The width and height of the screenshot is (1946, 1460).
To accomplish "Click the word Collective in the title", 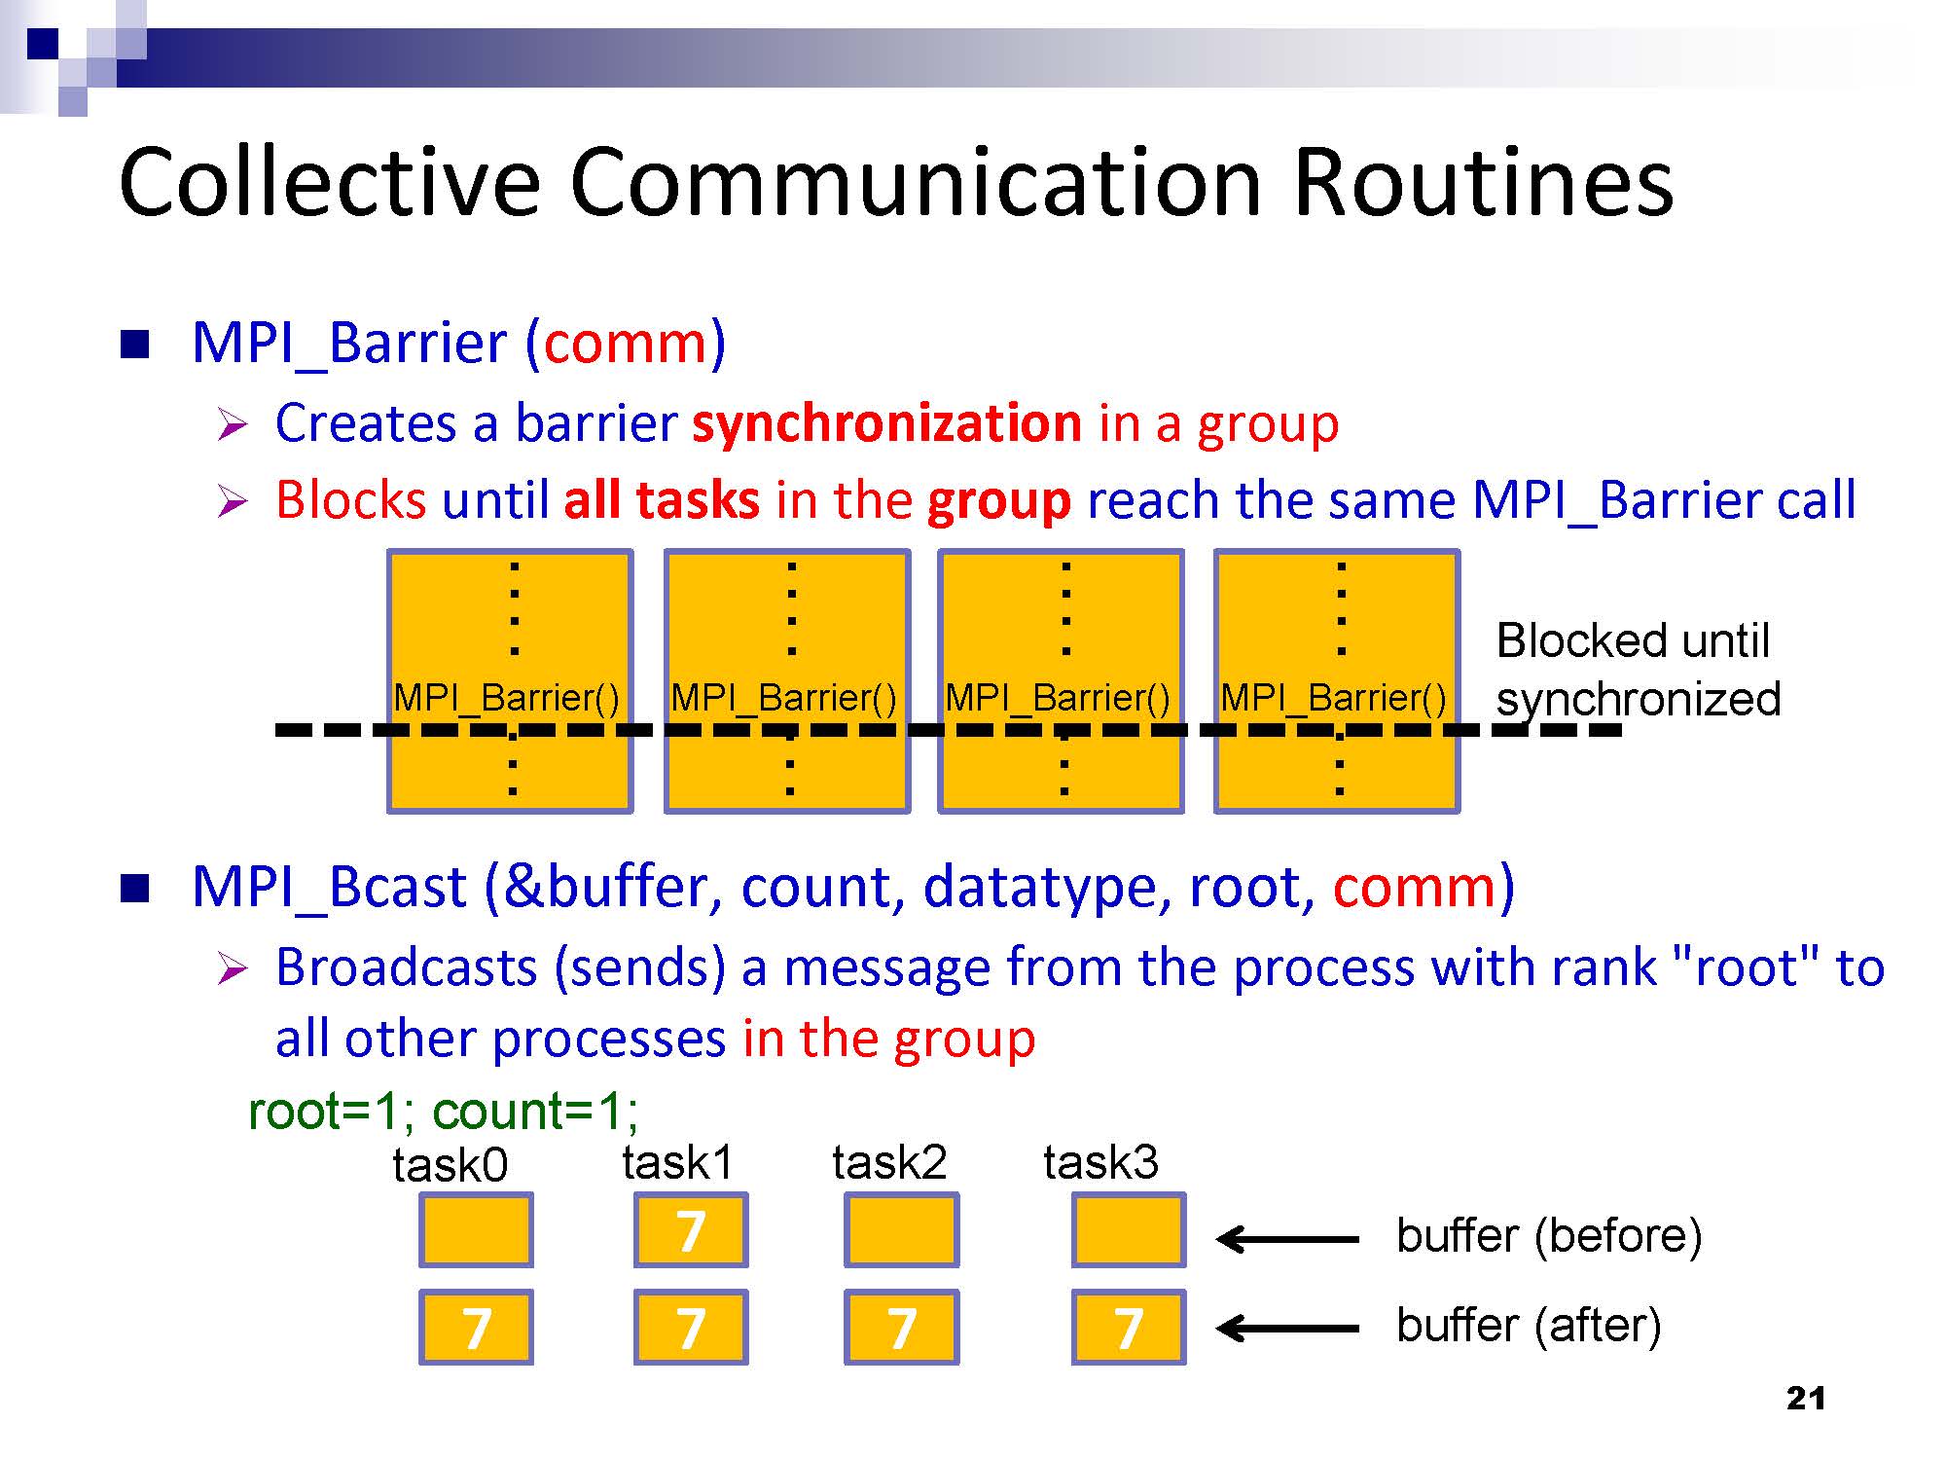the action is [329, 182].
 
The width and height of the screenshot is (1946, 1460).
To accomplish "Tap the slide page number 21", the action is [1806, 1399].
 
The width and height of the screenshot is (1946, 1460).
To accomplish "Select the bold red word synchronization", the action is [886, 423].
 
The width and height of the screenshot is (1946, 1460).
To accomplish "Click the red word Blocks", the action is [350, 500].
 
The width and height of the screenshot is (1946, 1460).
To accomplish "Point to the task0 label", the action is [450, 1164].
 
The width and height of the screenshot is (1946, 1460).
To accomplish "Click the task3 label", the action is [1100, 1161].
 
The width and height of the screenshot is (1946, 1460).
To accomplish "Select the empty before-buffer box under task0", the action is [476, 1230].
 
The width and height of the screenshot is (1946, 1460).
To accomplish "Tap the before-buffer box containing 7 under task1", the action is [691, 1230].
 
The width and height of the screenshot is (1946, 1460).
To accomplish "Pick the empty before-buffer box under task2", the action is [901, 1230].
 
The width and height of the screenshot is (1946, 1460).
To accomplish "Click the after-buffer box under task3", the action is [1129, 1328].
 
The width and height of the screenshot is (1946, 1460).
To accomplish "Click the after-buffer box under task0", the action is [476, 1328].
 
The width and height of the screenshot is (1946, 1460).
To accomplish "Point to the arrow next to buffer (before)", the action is [1287, 1239].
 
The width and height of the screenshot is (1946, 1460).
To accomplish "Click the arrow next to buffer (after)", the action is [1287, 1328].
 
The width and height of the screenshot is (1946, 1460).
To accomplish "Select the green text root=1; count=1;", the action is [444, 1111].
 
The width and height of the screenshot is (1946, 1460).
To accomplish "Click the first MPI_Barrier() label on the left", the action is [506, 698].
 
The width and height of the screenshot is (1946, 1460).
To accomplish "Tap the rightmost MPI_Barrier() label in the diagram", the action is [1333, 698].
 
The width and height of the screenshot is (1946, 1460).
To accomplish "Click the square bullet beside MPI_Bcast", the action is [135, 889].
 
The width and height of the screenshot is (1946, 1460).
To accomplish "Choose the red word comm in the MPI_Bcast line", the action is [1415, 888].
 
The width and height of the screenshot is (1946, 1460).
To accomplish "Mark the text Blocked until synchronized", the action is [1639, 670].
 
